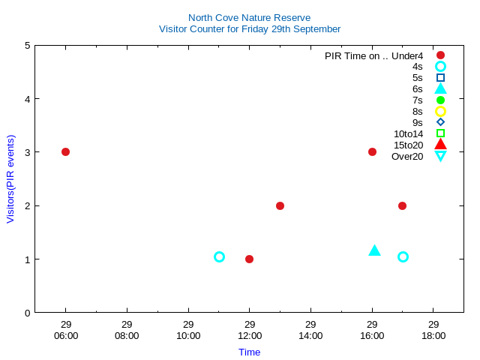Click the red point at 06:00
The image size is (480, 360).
(65, 151)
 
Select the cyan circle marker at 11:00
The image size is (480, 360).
(219, 256)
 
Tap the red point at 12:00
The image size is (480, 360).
(249, 259)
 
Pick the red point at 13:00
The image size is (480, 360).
(280, 205)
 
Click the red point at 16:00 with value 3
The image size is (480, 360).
(372, 151)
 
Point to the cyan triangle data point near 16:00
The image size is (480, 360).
(375, 250)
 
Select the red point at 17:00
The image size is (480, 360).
(403, 205)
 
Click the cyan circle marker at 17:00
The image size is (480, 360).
(403, 256)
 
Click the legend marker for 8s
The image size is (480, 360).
(440, 111)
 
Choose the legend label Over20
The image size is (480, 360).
(407, 156)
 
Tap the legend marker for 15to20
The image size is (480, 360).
(440, 144)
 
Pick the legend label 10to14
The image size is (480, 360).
(408, 133)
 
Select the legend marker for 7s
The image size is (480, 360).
(440, 100)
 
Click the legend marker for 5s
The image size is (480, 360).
(440, 77)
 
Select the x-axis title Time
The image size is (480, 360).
(249, 352)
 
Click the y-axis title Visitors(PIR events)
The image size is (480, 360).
(10, 178)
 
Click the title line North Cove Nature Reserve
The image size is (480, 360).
(249, 17)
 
